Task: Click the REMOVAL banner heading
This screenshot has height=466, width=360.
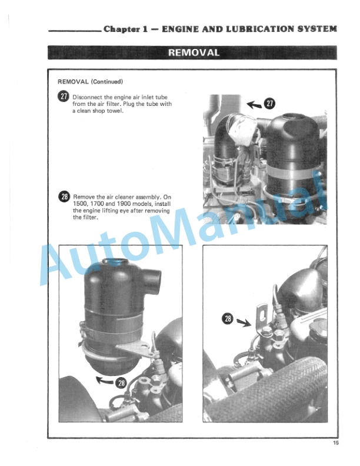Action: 194,52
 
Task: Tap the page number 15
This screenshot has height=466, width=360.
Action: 336,442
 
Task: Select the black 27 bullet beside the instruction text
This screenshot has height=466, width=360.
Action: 64,97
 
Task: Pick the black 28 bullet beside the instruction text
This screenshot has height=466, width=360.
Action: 64,197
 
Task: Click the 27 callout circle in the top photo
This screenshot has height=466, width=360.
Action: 269,104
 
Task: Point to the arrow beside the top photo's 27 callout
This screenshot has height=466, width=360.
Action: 255,104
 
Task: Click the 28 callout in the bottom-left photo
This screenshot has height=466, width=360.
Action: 121,383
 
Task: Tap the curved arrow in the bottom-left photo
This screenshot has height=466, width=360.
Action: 105,380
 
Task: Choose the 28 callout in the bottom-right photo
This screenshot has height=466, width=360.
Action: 228,319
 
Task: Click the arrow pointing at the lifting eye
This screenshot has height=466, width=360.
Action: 244,322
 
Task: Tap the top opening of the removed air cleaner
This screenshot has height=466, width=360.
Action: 115,262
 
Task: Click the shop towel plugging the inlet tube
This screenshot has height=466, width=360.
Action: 242,130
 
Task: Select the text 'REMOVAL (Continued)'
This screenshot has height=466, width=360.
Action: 91,81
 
